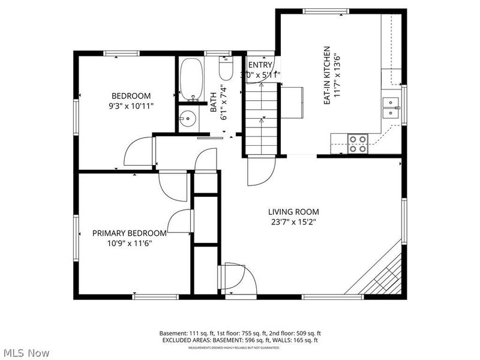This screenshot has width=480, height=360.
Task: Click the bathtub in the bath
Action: point(192,79)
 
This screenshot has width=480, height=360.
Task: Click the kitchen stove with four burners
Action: point(358,143)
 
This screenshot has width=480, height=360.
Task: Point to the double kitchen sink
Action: point(391,107)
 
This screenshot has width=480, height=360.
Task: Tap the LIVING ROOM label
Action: point(293,212)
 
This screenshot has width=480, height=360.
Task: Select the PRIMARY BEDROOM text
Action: point(129,233)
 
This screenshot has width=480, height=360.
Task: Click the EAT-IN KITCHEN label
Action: point(328,76)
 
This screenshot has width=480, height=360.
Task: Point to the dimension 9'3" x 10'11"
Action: point(131,106)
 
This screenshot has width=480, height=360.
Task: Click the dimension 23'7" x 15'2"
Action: point(293,222)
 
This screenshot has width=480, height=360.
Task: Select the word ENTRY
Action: point(260,65)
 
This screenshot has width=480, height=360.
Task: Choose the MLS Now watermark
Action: point(26,353)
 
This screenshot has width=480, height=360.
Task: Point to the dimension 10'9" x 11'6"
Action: point(129,244)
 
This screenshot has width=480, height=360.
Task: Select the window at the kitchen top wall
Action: point(326,11)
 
